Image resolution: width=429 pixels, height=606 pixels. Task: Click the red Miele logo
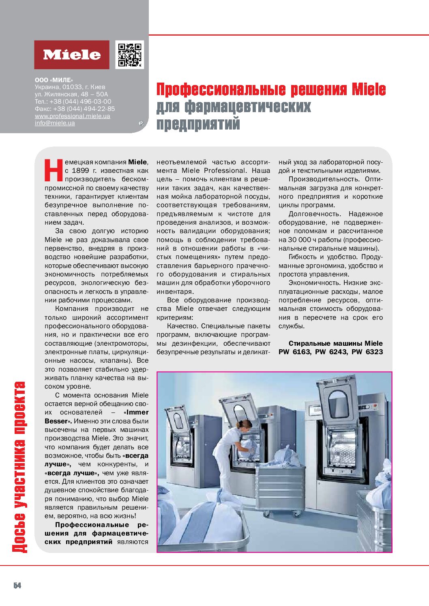click(72, 55)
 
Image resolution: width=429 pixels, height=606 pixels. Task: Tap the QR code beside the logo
click(130, 54)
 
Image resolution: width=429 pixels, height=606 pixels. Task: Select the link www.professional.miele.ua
click(72, 116)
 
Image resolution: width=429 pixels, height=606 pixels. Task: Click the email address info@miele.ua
click(55, 123)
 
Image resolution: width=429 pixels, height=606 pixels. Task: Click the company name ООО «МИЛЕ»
click(54, 80)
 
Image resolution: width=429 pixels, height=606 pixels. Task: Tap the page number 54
click(17, 585)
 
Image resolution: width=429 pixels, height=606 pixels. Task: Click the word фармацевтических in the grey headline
click(248, 107)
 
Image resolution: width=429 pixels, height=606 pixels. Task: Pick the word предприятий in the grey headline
click(198, 124)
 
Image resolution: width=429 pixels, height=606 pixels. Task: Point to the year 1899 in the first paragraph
click(80, 170)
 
